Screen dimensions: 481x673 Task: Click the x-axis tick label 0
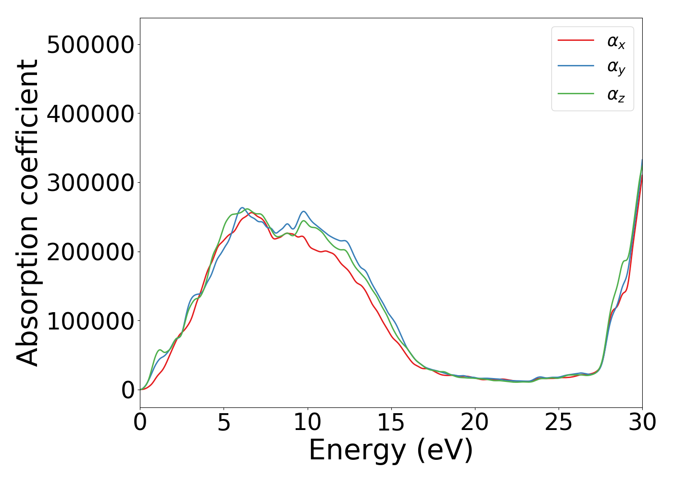[140, 423]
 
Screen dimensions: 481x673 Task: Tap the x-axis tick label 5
[224, 423]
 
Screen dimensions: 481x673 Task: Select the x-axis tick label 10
[307, 423]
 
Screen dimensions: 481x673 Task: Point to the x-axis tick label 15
[391, 423]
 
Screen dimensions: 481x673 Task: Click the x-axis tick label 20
[474, 423]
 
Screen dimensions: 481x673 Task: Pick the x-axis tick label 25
[558, 423]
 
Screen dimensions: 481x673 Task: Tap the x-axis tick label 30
[642, 423]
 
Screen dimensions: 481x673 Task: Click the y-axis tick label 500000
[90, 45]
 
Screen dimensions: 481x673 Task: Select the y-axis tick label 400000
[90, 114]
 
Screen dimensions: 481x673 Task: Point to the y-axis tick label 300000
[90, 183]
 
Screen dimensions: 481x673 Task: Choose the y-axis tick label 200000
[90, 252]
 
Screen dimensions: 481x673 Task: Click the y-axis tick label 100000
[90, 321]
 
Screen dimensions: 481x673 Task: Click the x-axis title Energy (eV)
[391, 451]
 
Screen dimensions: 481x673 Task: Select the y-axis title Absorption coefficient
[27, 213]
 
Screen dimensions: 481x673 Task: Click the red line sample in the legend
[575, 40]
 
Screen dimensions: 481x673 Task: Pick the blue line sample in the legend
[575, 66]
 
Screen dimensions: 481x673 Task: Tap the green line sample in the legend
[575, 93]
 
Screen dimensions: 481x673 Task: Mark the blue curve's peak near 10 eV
[304, 211]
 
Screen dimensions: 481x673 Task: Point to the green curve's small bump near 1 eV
[160, 350]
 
